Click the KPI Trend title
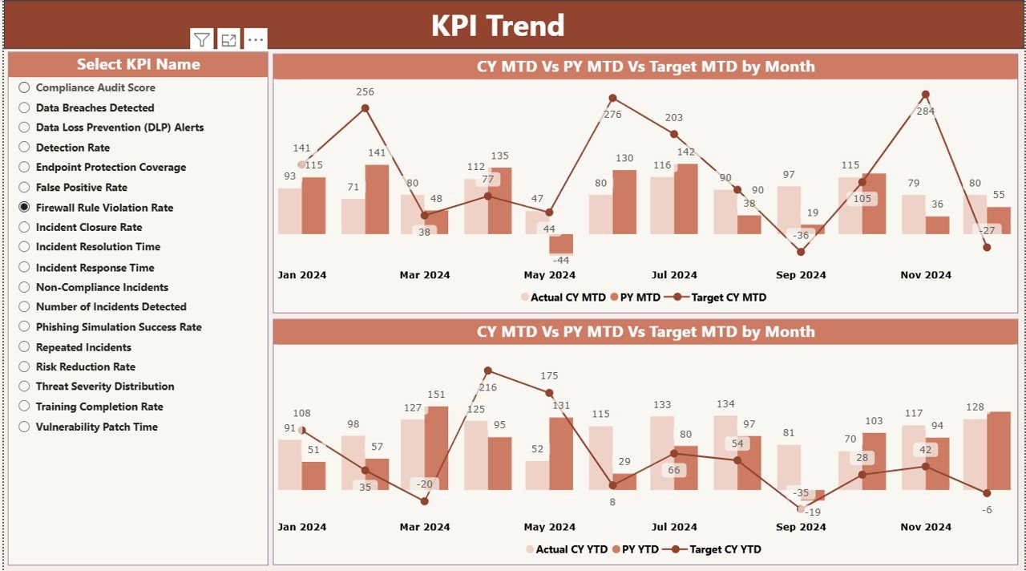tap(498, 26)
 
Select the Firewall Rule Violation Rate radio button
tap(24, 207)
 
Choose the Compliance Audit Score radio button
tap(24, 87)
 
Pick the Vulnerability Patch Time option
tap(24, 427)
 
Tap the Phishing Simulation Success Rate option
tap(24, 326)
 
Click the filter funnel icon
tap(202, 40)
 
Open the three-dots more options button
tap(255, 40)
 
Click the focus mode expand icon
tap(228, 40)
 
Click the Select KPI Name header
tap(138, 65)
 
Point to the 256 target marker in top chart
tap(365, 108)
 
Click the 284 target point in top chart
tap(925, 95)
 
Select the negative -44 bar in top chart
tap(561, 244)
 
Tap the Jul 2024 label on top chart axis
tap(673, 275)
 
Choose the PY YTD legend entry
tap(636, 549)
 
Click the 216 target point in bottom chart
tap(487, 371)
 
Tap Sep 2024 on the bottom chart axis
tap(801, 527)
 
